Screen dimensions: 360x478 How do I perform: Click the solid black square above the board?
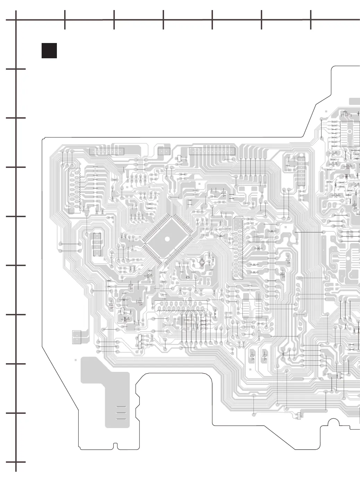[49, 51]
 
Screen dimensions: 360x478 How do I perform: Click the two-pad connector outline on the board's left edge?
[77, 337]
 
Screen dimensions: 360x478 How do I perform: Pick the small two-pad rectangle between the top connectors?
[164, 151]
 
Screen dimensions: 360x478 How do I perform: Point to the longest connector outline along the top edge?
[212, 151]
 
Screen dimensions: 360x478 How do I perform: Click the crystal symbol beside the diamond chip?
[202, 263]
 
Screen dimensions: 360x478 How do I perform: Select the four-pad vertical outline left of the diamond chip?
[97, 244]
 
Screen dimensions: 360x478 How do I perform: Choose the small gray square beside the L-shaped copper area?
[75, 360]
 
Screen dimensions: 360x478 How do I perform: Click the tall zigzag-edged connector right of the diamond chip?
[238, 248]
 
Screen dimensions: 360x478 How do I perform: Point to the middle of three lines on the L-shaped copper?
[121, 413]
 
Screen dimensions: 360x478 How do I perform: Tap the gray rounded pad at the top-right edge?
[354, 101]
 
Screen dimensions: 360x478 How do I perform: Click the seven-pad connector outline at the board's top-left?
[106, 151]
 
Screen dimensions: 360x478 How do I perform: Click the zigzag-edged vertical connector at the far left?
[74, 190]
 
